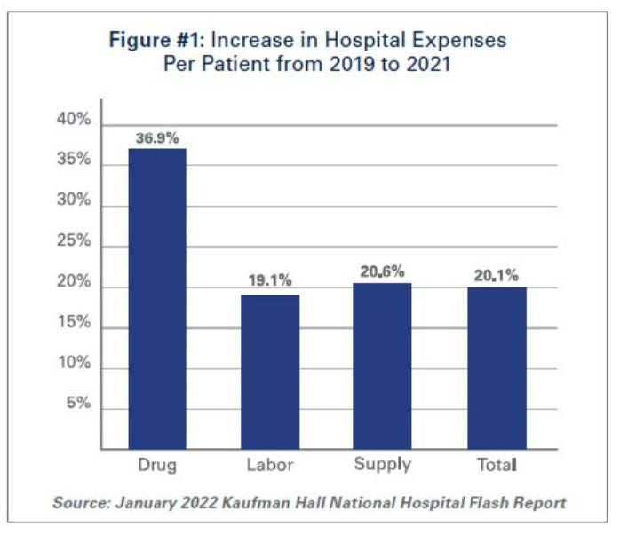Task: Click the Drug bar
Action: tap(157, 299)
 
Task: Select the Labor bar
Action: tap(270, 372)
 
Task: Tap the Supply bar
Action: tap(382, 366)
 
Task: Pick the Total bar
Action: tap(497, 368)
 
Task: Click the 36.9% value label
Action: tap(157, 138)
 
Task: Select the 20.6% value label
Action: tap(382, 272)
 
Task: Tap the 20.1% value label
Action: tap(497, 276)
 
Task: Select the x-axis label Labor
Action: tap(270, 465)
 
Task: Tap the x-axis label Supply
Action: tap(382, 464)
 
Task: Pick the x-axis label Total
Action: tap(497, 464)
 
